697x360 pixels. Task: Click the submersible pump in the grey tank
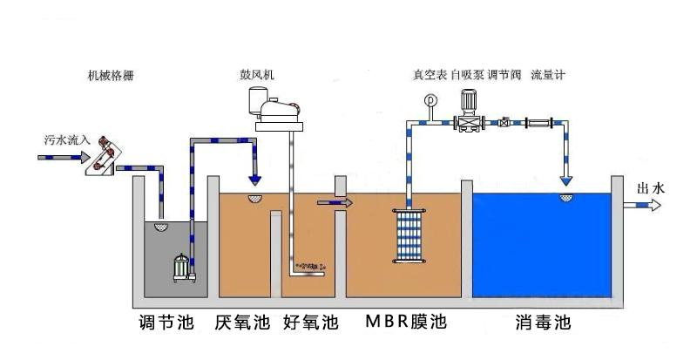[x=182, y=266]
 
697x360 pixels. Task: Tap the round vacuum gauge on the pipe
[x=430, y=100]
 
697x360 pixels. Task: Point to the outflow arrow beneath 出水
[x=646, y=206]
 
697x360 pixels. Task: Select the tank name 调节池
[x=166, y=322]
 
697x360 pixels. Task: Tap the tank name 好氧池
[x=310, y=322]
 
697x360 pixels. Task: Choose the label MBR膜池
[x=404, y=322]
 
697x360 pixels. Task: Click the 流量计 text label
[x=549, y=75]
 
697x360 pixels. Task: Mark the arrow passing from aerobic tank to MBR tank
[x=335, y=203]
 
